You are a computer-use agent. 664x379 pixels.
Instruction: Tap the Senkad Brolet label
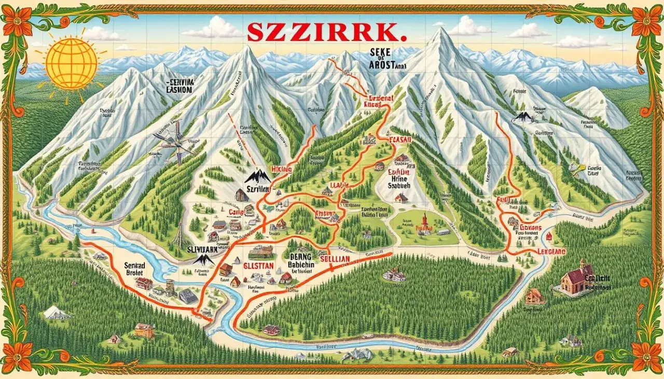pyautogui.click(x=137, y=269)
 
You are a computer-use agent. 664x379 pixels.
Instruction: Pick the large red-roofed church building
pyautogui.click(x=576, y=279)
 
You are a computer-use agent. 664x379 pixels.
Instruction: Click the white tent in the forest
pyautogui.click(x=57, y=312)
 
